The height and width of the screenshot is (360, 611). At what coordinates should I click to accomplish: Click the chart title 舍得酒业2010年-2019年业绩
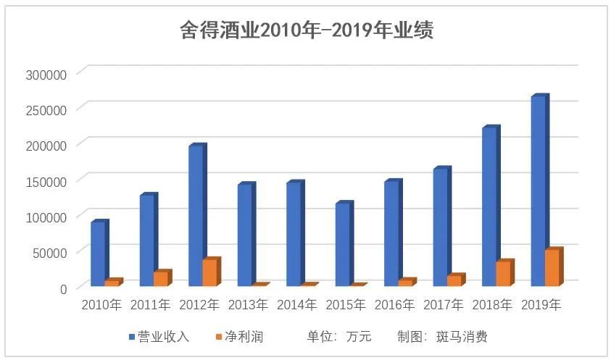pyautogui.click(x=306, y=30)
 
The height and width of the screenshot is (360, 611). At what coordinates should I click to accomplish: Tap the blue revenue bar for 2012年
pyautogui.click(x=194, y=215)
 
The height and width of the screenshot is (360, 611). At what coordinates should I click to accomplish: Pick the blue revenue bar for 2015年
pyautogui.click(x=341, y=244)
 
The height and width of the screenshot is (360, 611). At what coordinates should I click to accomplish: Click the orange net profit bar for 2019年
pyautogui.click(x=552, y=267)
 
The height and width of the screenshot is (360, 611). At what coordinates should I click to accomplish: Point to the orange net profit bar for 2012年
pyautogui.click(x=209, y=272)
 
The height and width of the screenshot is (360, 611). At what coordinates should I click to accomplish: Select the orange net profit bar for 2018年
pyautogui.click(x=503, y=273)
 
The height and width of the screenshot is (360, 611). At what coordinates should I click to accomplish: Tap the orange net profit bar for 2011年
pyautogui.click(x=160, y=278)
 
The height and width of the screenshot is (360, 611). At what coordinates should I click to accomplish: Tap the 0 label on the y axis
pyautogui.click(x=63, y=288)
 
